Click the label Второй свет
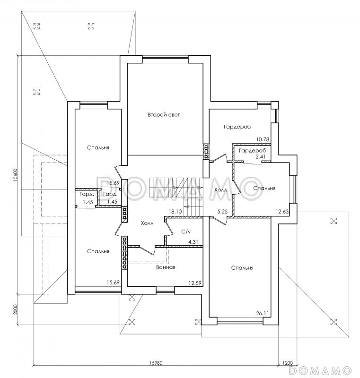point(164,115)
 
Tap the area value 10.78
point(263,139)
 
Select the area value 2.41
point(261,157)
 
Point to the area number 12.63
point(282,212)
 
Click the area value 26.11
point(263,313)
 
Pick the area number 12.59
point(195,283)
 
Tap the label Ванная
point(166,267)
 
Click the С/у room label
point(186,232)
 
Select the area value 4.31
point(193,241)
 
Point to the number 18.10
point(175,212)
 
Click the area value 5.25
point(222,212)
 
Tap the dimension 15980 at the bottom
point(156,363)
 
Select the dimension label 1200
point(287,363)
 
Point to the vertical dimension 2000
point(16,309)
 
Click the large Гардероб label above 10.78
point(237,127)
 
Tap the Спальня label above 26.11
point(242,268)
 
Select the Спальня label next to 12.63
point(264,188)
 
